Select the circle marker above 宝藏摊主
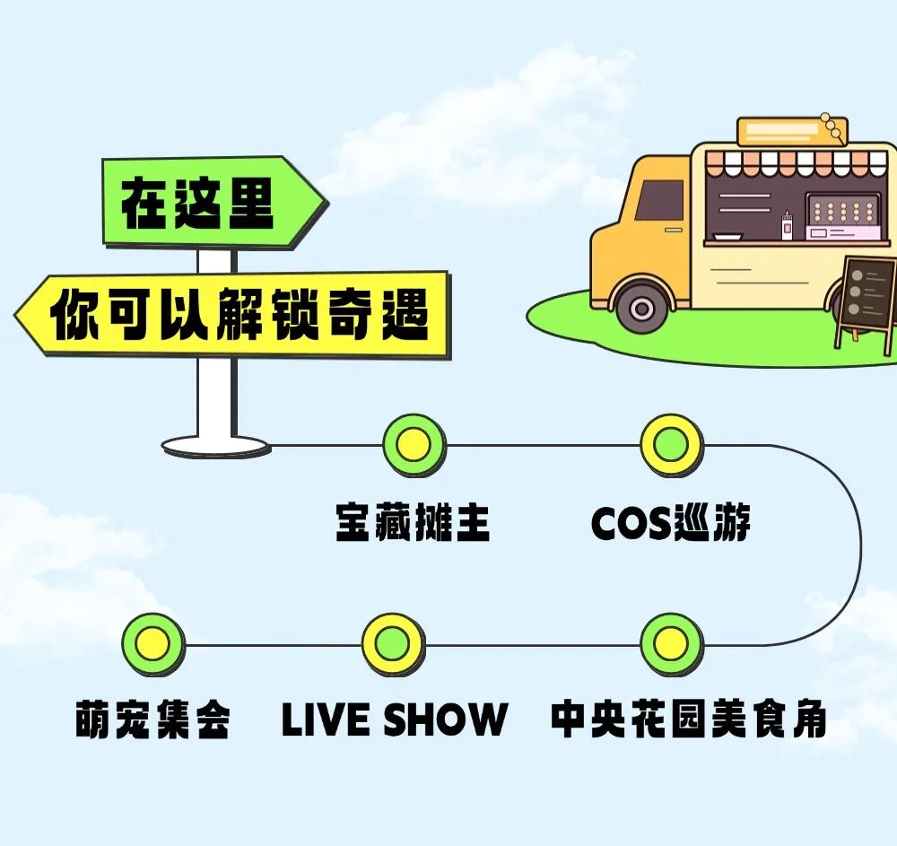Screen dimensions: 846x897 pyautogui.click(x=414, y=444)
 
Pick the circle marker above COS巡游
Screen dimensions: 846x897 pyautogui.click(x=671, y=444)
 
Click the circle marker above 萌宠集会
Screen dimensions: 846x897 pyautogui.click(x=152, y=644)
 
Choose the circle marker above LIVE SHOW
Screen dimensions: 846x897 pyautogui.click(x=393, y=644)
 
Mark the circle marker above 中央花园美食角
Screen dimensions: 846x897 pyautogui.click(x=671, y=644)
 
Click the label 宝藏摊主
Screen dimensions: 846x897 pyautogui.click(x=414, y=523)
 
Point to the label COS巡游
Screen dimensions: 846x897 pyautogui.click(x=671, y=523)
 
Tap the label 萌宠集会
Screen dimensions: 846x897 pyautogui.click(x=152, y=720)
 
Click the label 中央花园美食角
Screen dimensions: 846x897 pyautogui.click(x=688, y=720)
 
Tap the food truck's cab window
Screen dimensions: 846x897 pyautogui.click(x=660, y=200)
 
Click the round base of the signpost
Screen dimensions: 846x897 pyautogui.click(x=215, y=445)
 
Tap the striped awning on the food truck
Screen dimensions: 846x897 pyautogui.click(x=798, y=164)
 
